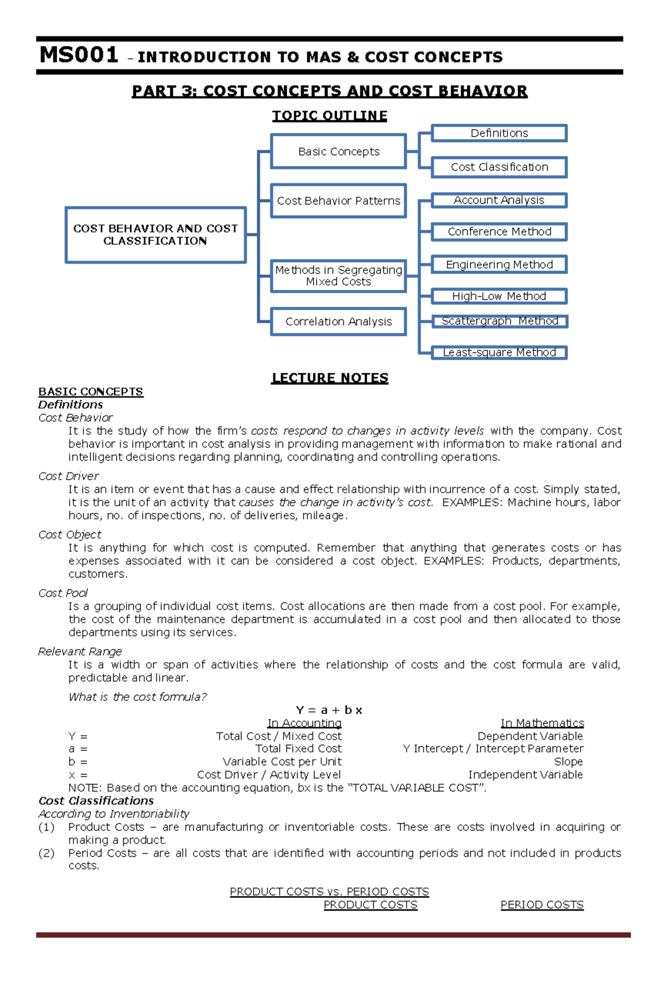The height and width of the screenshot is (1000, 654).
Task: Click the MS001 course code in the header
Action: click(79, 55)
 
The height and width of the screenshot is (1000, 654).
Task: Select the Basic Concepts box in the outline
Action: click(338, 151)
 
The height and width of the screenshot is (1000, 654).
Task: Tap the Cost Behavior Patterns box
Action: click(338, 201)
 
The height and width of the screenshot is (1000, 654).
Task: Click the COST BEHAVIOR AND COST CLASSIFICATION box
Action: click(155, 235)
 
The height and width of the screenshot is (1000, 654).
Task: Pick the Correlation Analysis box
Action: click(338, 322)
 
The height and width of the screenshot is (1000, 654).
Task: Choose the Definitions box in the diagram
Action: click(499, 133)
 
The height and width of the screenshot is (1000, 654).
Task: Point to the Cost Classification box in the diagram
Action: click(499, 167)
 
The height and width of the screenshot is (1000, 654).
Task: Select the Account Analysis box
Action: click(499, 200)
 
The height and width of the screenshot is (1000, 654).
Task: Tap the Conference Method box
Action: click(499, 232)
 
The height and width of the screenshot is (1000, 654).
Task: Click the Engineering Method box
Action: click(499, 264)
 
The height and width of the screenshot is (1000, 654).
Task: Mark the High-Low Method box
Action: click(499, 296)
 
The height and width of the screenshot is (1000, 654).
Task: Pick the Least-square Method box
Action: click(499, 353)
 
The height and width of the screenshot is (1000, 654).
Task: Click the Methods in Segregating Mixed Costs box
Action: click(338, 276)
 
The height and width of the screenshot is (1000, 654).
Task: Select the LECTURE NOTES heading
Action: click(330, 378)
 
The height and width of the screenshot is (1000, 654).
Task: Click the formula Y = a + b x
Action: click(329, 710)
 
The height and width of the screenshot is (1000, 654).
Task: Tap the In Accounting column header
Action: click(304, 723)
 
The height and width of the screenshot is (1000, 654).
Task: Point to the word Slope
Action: click(568, 762)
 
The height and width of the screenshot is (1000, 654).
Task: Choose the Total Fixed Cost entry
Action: click(298, 749)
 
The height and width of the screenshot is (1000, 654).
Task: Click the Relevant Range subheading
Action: click(80, 652)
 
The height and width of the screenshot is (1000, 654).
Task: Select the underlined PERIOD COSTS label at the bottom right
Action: click(542, 905)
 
